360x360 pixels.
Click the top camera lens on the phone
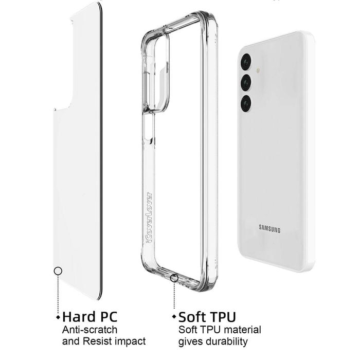pos(246,62)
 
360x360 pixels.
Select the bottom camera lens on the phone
pos(246,103)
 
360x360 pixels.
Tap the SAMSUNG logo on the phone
pos(269,229)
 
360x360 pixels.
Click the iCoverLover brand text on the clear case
pos(149,218)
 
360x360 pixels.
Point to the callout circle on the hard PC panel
pos(58,271)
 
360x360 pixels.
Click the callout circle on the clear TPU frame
pos(174,278)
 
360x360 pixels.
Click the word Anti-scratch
pos(89,330)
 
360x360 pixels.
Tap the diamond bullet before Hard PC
pos(58,317)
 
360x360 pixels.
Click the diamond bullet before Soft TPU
pos(174,317)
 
